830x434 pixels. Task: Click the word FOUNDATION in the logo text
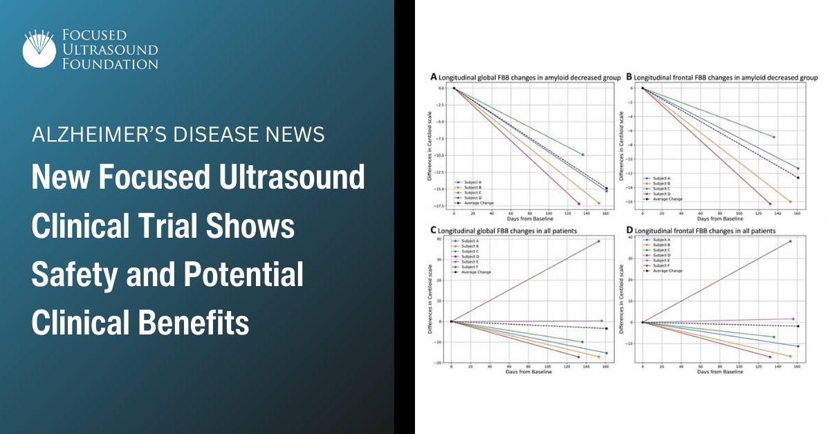click(x=109, y=64)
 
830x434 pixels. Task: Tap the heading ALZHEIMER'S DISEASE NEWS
click(x=178, y=135)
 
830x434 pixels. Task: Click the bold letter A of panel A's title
click(x=434, y=77)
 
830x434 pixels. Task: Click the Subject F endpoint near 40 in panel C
click(x=598, y=241)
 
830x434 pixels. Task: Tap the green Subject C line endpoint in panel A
click(x=583, y=155)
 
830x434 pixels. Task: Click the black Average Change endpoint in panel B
click(x=797, y=178)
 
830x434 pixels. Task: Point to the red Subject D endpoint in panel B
click(x=770, y=204)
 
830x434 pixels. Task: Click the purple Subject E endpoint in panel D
click(x=793, y=319)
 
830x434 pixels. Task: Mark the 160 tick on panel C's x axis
click(x=606, y=367)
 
